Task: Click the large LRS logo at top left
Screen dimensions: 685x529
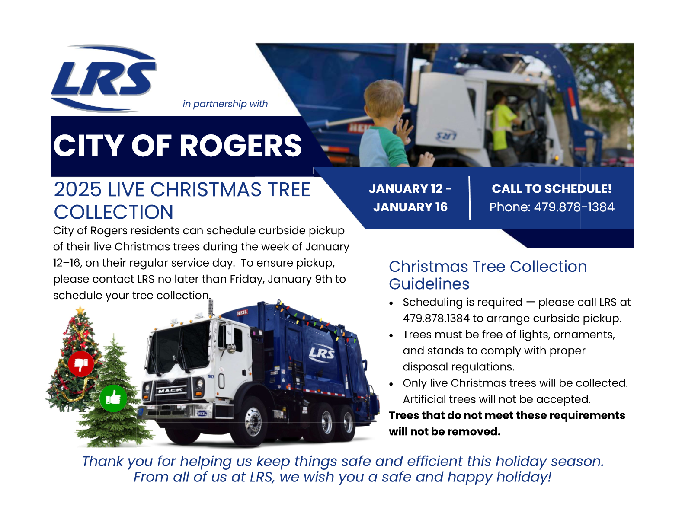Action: tap(103, 79)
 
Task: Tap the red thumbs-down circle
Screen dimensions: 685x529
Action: tap(81, 364)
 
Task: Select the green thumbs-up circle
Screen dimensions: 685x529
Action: tap(113, 398)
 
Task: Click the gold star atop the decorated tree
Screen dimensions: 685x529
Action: tap(80, 310)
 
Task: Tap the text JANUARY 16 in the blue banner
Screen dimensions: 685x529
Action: tap(410, 207)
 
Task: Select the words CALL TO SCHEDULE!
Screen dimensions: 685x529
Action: tap(552, 188)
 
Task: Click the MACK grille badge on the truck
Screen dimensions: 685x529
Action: tap(170, 391)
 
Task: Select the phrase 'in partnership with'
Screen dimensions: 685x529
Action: tap(225, 104)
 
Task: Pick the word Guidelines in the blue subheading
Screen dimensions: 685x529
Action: tap(429, 284)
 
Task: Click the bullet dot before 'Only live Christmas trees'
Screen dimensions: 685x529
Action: tap(391, 384)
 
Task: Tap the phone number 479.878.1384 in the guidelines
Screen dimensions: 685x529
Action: tap(436, 318)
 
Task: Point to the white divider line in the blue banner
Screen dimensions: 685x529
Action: tap(470, 198)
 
